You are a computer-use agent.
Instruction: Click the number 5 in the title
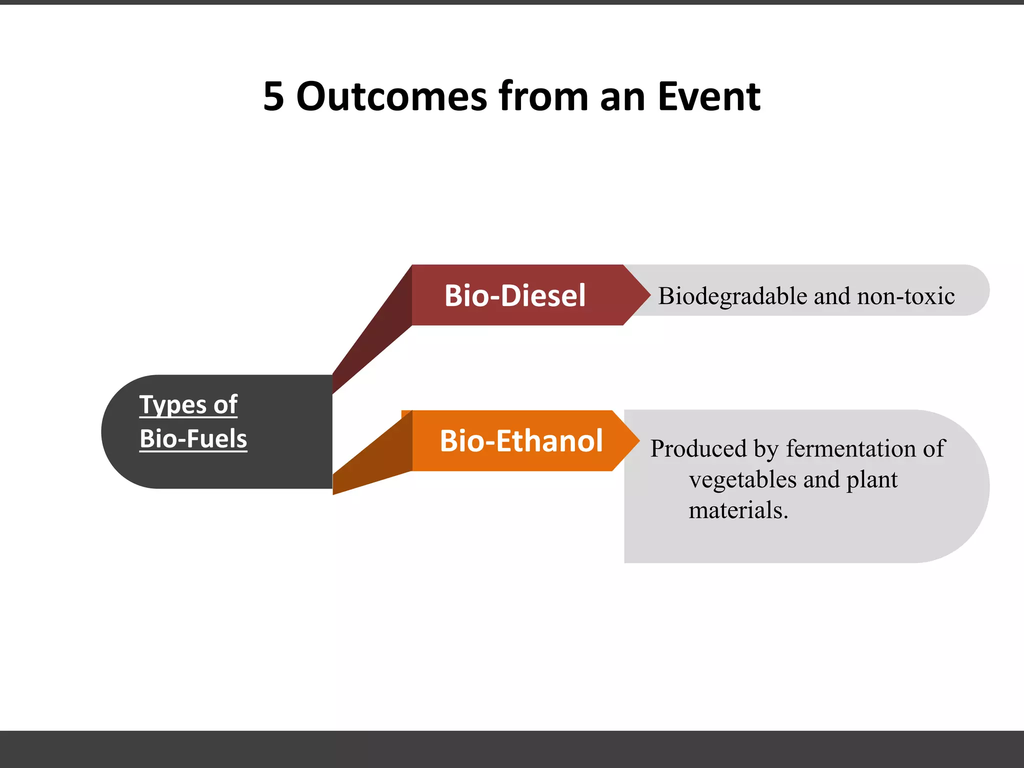click(273, 96)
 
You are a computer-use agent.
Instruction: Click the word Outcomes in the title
click(391, 96)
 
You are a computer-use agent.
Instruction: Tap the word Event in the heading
click(709, 96)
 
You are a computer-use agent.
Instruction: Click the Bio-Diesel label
click(515, 295)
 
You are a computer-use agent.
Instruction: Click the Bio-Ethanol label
click(521, 441)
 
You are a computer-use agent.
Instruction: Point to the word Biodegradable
click(733, 296)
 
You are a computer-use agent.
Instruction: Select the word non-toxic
click(905, 296)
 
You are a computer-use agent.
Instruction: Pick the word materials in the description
click(738, 510)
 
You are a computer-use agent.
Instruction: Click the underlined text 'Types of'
click(188, 404)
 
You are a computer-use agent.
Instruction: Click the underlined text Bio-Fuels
click(193, 439)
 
